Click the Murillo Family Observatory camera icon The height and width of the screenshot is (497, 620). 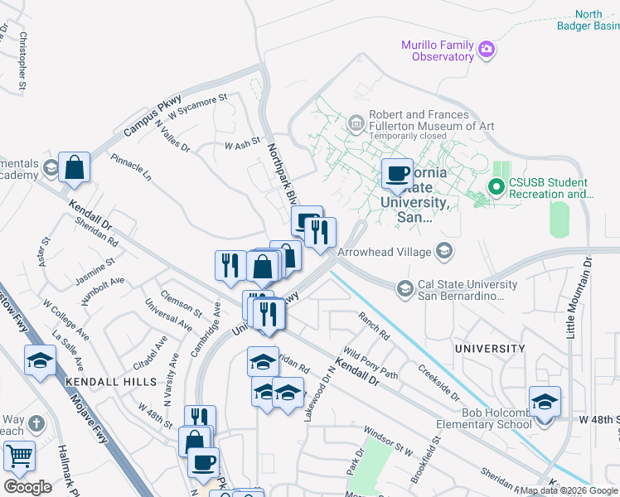pos(487,50)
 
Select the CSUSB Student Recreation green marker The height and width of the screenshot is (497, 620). pos(496,187)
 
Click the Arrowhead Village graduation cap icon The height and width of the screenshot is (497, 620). pos(443,251)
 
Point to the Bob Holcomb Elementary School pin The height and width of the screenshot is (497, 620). pos(545,403)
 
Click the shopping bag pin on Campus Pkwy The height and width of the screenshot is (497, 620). pos(75,167)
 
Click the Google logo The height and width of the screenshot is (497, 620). pos(27,486)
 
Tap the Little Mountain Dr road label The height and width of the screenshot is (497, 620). pos(579,297)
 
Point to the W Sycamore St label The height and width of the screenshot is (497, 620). pos(197,112)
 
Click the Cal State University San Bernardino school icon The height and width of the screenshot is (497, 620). pos(404,289)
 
